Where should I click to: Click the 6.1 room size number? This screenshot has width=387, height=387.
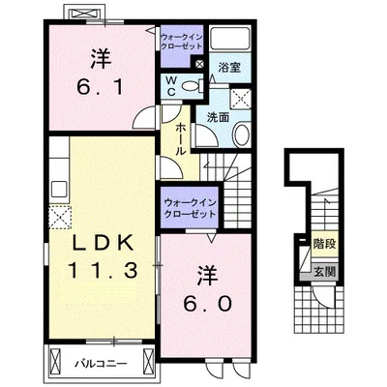pos(100,87)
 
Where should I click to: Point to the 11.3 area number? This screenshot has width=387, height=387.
pos(103,270)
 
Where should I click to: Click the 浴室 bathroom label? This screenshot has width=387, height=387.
pos(229,68)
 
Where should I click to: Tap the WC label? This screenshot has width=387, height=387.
pos(171,86)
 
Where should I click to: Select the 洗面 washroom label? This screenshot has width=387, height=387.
pos(218,118)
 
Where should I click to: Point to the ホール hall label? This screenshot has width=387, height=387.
pos(180,139)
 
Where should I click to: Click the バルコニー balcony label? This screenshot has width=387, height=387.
pos(101,365)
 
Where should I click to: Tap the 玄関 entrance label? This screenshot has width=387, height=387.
pos(325,272)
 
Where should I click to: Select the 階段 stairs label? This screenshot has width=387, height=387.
pos(324,244)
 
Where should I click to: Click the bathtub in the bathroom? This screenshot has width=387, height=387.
pos(229,38)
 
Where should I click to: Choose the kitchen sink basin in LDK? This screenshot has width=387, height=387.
pos(59,189)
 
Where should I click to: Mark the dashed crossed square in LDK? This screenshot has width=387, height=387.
pos(60,217)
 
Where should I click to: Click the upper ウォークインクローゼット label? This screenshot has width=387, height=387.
pos(182,42)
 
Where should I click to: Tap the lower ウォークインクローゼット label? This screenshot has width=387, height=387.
pos(190,208)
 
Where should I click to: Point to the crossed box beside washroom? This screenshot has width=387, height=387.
pos(241,98)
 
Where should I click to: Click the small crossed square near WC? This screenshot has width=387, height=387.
pos(199,64)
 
